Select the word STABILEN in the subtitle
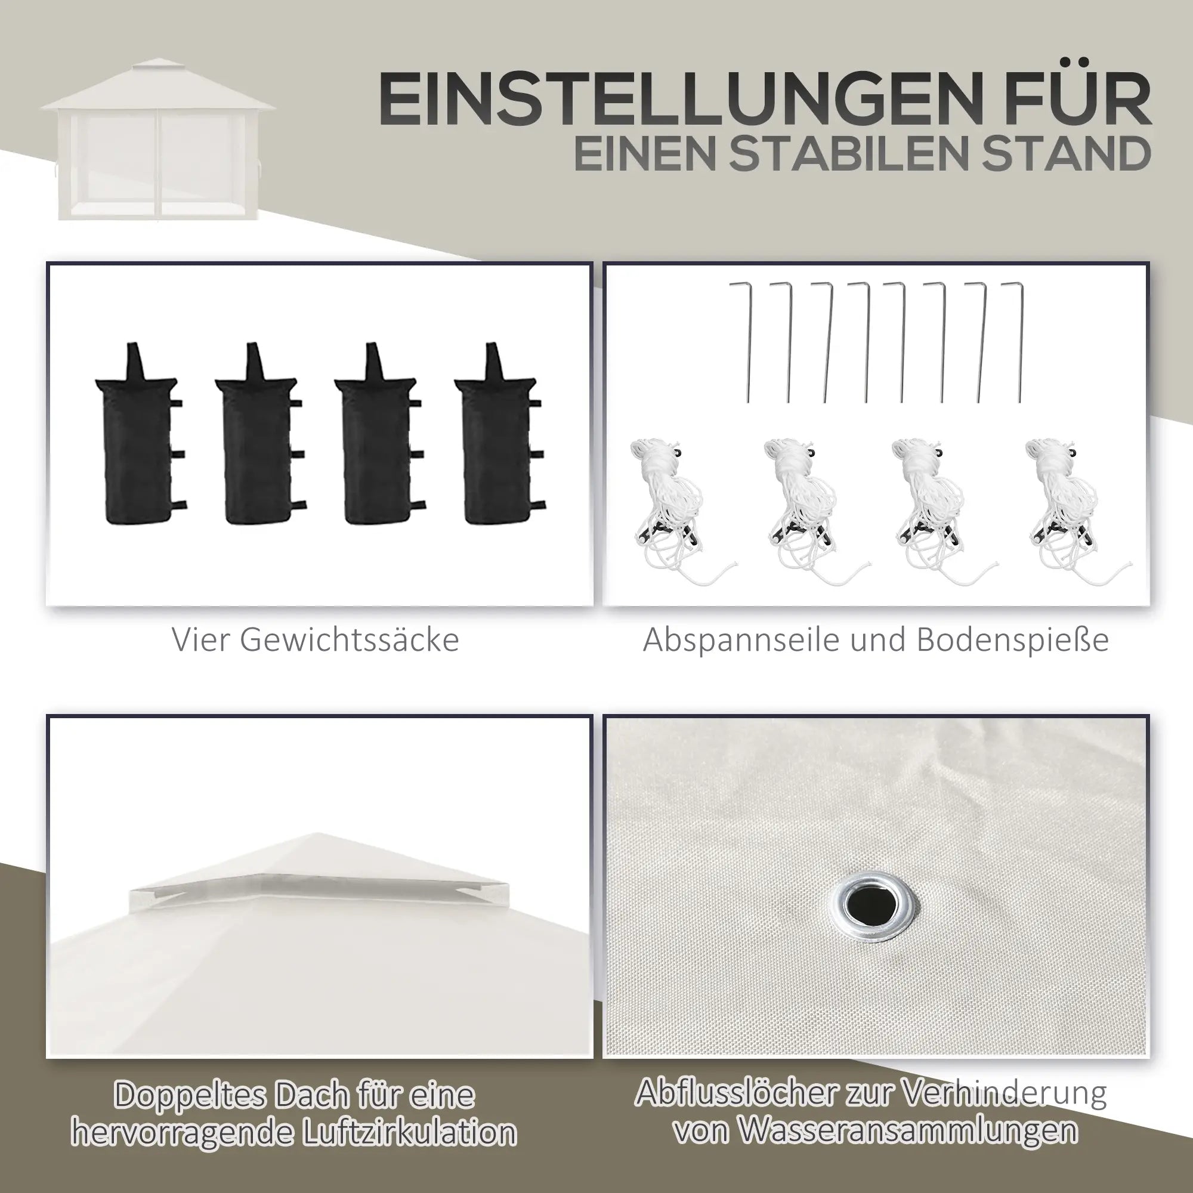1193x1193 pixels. coord(879,154)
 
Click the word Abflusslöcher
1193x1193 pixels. coord(735,1093)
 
